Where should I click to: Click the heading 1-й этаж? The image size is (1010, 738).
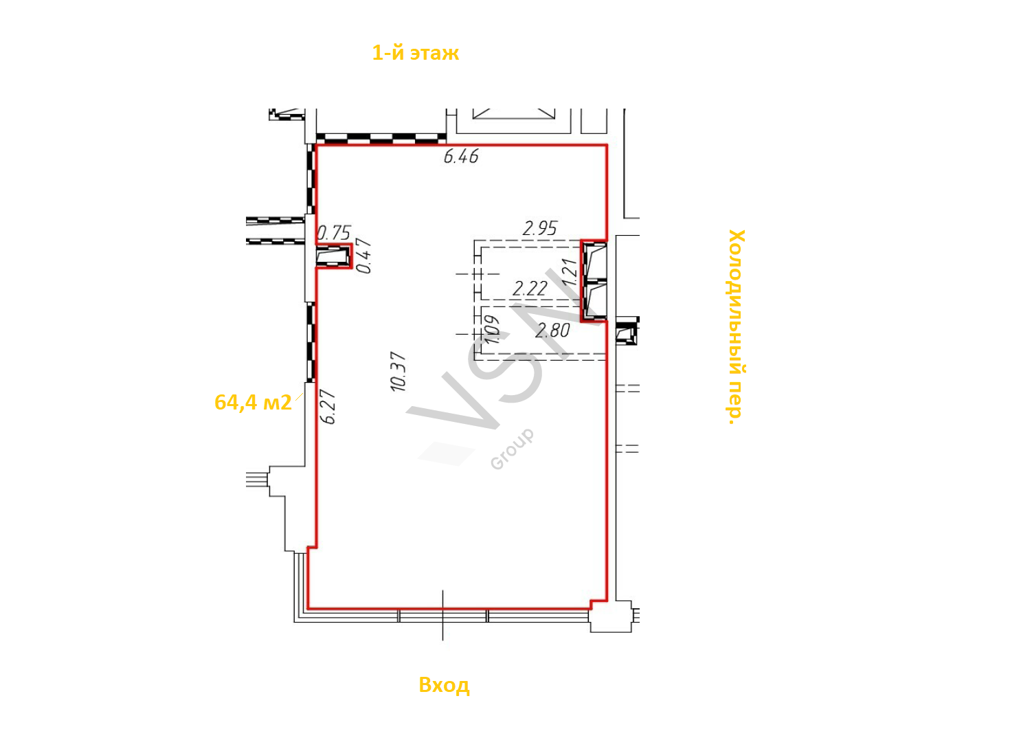(x=415, y=53)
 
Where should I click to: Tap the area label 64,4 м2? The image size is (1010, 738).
(x=253, y=403)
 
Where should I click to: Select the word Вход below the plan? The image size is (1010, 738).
(x=444, y=685)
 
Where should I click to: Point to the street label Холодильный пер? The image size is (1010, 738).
(x=737, y=326)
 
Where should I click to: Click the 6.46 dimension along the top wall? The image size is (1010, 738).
(x=461, y=157)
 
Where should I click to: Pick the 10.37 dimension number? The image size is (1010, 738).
(x=399, y=371)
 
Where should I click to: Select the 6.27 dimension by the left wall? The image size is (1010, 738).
(x=328, y=406)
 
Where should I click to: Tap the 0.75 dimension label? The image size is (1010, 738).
(x=334, y=233)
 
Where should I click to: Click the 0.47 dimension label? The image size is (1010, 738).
(x=364, y=256)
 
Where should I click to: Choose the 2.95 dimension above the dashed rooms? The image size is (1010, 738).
(x=540, y=229)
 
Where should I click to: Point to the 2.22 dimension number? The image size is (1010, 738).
(x=530, y=289)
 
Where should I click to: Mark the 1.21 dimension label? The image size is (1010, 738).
(x=570, y=271)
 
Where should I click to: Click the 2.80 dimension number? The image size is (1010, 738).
(x=552, y=331)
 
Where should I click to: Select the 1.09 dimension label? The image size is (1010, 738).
(x=492, y=330)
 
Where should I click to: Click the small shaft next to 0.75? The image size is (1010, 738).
(x=333, y=256)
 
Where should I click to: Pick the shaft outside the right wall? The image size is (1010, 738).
(x=627, y=334)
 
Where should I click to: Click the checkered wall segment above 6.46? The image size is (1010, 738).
(x=381, y=138)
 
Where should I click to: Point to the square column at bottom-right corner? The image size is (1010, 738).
(x=611, y=616)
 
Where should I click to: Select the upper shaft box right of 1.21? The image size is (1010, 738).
(x=595, y=262)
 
